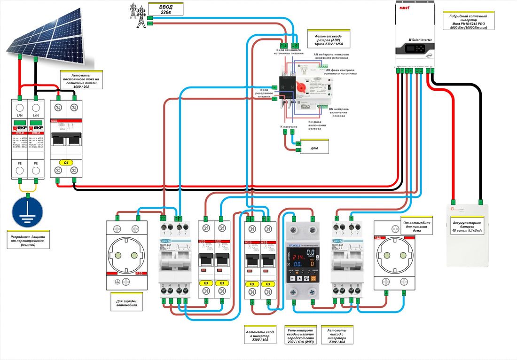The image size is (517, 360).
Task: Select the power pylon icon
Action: [x=137, y=14]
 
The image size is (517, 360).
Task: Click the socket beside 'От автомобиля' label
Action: [x=394, y=256]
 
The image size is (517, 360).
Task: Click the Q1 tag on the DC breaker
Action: [x=66, y=162]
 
